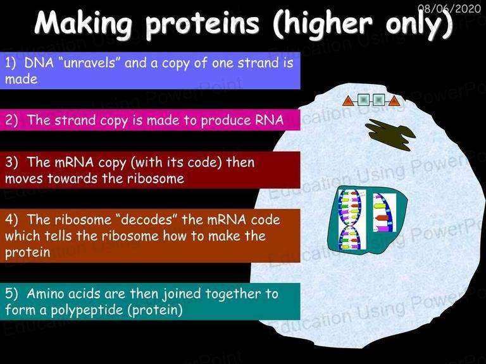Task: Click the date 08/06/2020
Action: click(x=449, y=8)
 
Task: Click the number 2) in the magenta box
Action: click(x=11, y=121)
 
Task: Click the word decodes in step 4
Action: click(x=146, y=220)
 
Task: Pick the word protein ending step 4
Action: click(x=28, y=253)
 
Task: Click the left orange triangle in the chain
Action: click(x=348, y=101)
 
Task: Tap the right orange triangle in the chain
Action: click(x=394, y=101)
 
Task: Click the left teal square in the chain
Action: click(x=363, y=100)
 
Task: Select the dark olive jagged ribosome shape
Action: click(x=390, y=135)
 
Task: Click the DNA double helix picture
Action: click(x=351, y=219)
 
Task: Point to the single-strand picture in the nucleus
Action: click(x=384, y=212)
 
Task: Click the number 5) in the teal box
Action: click(x=11, y=294)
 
